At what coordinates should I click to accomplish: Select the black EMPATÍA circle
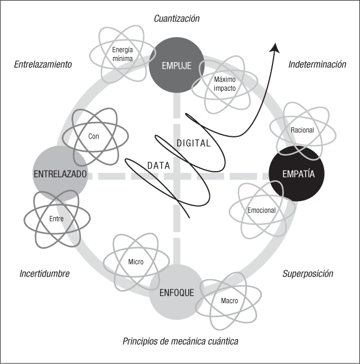[x=297, y=173]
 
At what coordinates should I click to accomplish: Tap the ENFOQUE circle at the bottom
[x=177, y=292]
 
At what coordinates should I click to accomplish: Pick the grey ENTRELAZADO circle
[x=60, y=173]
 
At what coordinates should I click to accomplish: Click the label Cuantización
[x=177, y=19]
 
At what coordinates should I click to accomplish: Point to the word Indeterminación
[x=317, y=64]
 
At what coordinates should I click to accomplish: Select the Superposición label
[x=308, y=274]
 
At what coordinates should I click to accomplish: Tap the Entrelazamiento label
[x=43, y=64]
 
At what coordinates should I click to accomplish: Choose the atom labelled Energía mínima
[x=122, y=54]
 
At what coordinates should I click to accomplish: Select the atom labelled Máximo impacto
[x=224, y=84]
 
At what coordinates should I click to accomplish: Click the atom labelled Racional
[x=302, y=130]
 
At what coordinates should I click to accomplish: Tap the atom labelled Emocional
[x=261, y=211]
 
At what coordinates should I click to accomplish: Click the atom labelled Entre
[x=56, y=219]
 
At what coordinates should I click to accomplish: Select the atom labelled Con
[x=94, y=135]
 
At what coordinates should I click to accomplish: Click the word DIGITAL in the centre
[x=193, y=143]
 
